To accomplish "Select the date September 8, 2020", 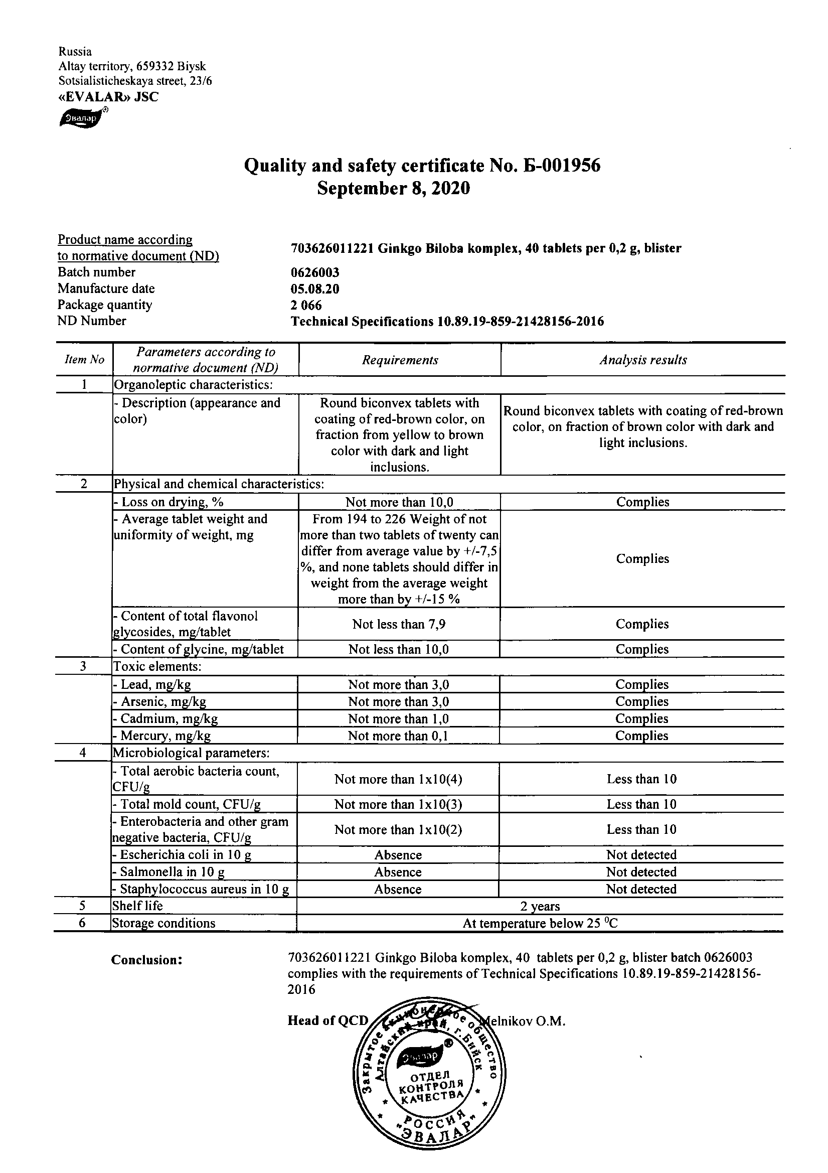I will (393, 189).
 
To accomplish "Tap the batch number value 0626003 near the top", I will (314, 273).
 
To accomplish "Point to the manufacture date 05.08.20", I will (314, 289).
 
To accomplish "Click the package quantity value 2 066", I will (306, 306).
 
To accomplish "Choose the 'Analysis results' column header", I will (642, 360).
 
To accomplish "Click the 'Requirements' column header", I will (400, 360).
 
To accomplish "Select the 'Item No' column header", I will (84, 360).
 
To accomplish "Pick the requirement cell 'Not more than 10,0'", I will (399, 502).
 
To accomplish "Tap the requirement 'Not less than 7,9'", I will (399, 624).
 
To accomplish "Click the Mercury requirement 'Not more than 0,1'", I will (398, 736).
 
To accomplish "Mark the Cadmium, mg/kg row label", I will (166, 719).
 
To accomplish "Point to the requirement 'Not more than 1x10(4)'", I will (398, 779).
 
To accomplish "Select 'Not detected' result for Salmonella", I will (641, 872).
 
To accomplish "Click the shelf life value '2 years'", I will (540, 906).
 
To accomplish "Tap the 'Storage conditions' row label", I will (163, 923).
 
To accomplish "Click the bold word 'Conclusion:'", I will (147, 960).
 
